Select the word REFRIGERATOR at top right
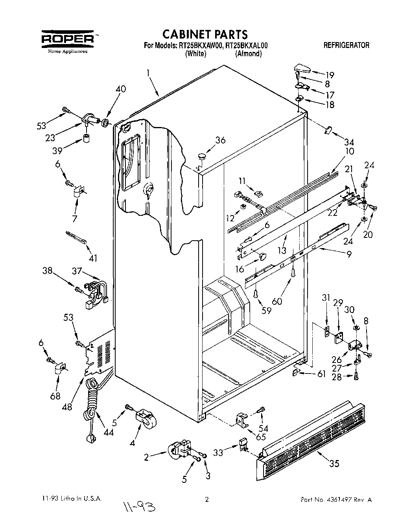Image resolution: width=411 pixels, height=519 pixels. tap(346, 45)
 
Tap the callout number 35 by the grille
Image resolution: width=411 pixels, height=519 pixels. tap(334, 464)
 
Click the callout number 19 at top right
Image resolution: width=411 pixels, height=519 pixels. tap(330, 75)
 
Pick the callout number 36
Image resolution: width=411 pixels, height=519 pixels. tap(220, 140)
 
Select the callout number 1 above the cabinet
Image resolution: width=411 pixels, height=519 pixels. tap(148, 73)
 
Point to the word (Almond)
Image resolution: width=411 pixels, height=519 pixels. tap(248, 54)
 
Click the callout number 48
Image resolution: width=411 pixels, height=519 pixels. tap(67, 407)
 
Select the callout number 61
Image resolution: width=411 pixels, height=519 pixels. tap(322, 374)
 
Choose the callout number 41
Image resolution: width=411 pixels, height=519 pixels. tap(93, 258)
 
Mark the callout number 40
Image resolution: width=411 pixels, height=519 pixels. tap(121, 89)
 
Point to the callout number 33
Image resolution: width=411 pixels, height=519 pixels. tap(218, 453)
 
